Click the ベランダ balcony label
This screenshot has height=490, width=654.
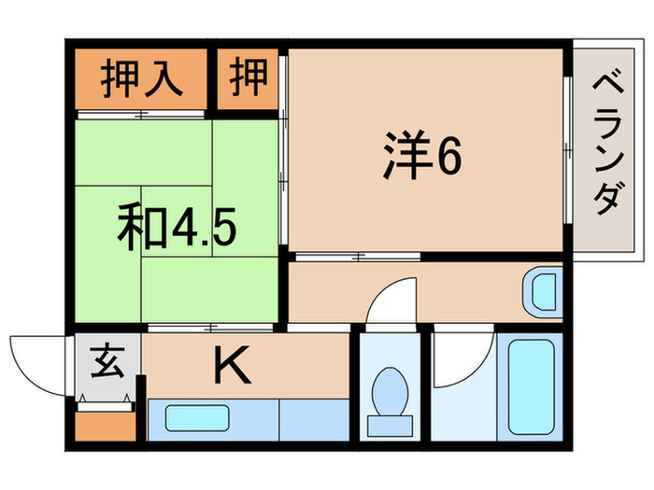[x=607, y=149]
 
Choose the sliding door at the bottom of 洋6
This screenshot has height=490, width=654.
[x=355, y=255]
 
